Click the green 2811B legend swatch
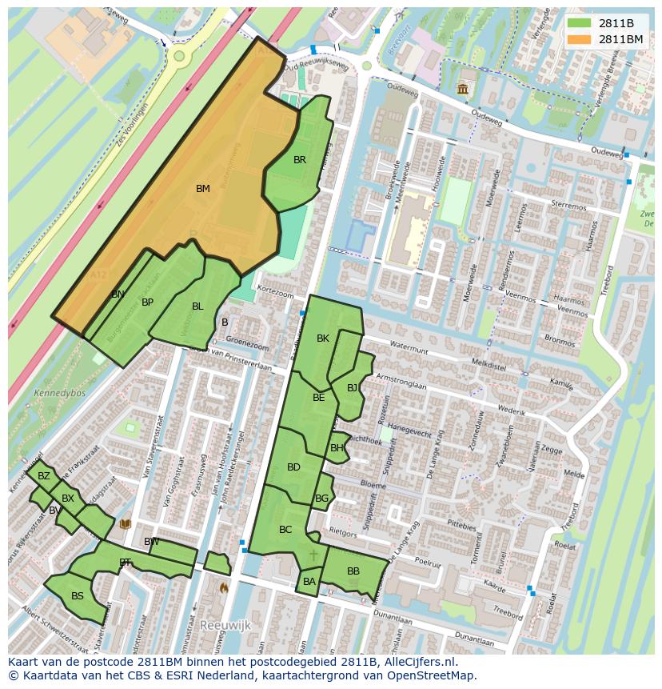tap(580, 23)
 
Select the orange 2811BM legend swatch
tap(580, 39)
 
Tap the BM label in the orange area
tap(203, 189)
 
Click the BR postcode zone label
tap(300, 160)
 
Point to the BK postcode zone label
tap(323, 338)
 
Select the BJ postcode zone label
tap(353, 388)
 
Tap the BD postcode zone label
tap(293, 467)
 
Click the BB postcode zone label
tap(353, 571)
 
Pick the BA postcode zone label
tap(309, 582)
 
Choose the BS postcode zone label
tap(78, 596)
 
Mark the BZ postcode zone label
tap(44, 476)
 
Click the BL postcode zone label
tap(197, 306)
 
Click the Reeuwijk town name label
tap(225, 624)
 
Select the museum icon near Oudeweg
tap(463, 89)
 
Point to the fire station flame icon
tap(225, 587)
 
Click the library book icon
tap(125, 524)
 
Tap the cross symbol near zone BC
tap(313, 554)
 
